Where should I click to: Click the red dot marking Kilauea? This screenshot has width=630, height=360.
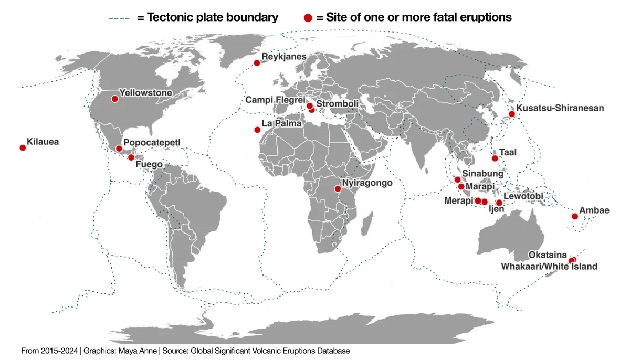23,148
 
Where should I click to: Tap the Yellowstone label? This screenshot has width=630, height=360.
146,93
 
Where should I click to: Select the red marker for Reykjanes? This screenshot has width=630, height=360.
257,63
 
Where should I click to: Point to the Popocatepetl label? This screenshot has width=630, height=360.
151,142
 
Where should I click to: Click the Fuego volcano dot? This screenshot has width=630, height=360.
131,157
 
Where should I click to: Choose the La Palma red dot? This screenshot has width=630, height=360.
257,130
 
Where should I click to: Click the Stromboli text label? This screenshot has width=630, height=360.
338,104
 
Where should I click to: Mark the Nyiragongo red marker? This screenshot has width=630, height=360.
337,188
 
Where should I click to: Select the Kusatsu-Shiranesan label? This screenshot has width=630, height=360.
560,108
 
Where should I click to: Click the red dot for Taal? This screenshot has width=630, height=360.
495,158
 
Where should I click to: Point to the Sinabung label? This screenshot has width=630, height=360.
483,174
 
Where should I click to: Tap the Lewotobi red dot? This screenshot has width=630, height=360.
499,203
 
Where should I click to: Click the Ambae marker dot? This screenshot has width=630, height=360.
574,216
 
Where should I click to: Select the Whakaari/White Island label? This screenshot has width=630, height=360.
549,267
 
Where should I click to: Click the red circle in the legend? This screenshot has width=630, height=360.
308,18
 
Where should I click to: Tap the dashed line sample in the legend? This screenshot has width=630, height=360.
120,18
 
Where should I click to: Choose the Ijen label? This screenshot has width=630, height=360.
496,209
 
